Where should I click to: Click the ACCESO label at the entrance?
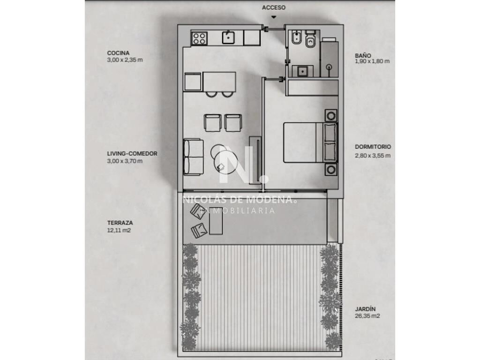(x=273, y=7)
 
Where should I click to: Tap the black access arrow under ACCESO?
(x=273, y=17)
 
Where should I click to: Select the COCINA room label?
(x=118, y=53)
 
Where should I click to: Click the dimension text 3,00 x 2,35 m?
(x=125, y=60)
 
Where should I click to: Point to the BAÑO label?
(x=363, y=55)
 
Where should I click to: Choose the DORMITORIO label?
(x=373, y=147)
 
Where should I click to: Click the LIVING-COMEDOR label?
(x=132, y=154)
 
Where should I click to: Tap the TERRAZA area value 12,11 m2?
(x=119, y=230)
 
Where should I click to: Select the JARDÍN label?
(x=365, y=309)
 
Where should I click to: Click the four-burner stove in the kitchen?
(x=199, y=38)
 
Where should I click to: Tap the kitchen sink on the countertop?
(x=228, y=37)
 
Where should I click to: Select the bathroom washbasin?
(x=303, y=71)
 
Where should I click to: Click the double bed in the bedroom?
(x=310, y=142)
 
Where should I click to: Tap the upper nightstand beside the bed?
(x=331, y=116)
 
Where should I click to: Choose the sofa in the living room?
(x=194, y=157)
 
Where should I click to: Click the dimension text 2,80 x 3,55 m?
(x=373, y=156)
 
